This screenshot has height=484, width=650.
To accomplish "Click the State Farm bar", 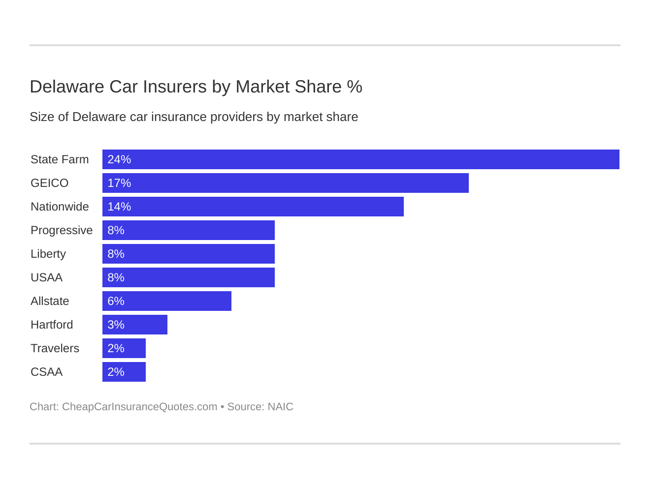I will pyautogui.click(x=360, y=159).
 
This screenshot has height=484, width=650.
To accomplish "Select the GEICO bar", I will pyautogui.click(x=286, y=183).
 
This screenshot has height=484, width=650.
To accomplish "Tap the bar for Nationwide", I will pyautogui.click(x=253, y=207).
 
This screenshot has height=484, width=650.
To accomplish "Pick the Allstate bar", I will pyautogui.click(x=167, y=301).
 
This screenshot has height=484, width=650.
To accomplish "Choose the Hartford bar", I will pyautogui.click(x=135, y=325).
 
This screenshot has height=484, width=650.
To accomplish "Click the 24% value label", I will pyautogui.click(x=119, y=159).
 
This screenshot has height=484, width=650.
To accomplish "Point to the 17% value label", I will pyautogui.click(x=119, y=183).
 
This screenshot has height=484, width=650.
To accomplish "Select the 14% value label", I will pyautogui.click(x=119, y=207).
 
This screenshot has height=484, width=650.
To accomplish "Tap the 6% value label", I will pyautogui.click(x=116, y=301).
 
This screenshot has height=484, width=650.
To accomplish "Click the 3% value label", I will pyautogui.click(x=116, y=325).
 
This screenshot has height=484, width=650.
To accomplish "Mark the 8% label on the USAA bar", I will pyautogui.click(x=116, y=277).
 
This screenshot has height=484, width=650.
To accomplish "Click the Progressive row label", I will pyautogui.click(x=62, y=230).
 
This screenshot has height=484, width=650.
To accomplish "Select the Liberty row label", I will pyautogui.click(x=48, y=254).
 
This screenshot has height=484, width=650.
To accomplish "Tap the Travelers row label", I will pyautogui.click(x=55, y=348).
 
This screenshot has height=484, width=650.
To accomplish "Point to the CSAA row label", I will pyautogui.click(x=46, y=372).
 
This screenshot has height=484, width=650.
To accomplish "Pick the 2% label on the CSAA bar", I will pyautogui.click(x=116, y=372).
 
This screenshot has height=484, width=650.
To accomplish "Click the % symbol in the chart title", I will pyautogui.click(x=355, y=87).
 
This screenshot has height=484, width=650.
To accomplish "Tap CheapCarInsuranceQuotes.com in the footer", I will pyautogui.click(x=139, y=407).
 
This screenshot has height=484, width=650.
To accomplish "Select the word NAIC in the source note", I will pyautogui.click(x=280, y=407).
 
